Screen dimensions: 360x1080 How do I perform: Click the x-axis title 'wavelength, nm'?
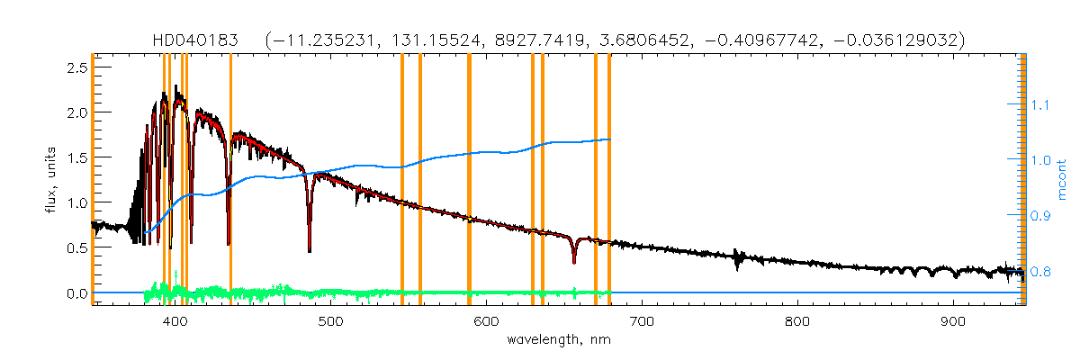(558, 341)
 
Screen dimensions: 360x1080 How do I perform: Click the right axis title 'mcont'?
(1063, 180)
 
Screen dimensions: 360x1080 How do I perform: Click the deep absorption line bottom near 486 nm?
(309, 250)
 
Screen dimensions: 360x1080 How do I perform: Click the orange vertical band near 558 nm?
(420, 180)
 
